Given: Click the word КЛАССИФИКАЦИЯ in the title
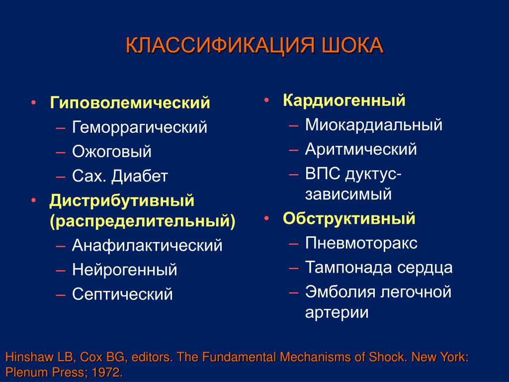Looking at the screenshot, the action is click(x=220, y=45).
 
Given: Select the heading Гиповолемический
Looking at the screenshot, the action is click(x=130, y=102).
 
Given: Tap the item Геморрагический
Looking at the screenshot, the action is click(x=140, y=127).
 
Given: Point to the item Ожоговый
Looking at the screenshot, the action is click(x=112, y=151).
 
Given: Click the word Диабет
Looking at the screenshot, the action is click(x=140, y=176).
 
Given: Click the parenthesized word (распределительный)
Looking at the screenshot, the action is click(x=143, y=221).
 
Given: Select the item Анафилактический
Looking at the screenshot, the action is click(x=147, y=245).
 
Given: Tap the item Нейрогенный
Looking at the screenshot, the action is click(x=125, y=270).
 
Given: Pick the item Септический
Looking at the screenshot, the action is click(x=122, y=294).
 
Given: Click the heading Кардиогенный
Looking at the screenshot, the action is click(x=344, y=100).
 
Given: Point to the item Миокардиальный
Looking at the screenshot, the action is click(x=374, y=125).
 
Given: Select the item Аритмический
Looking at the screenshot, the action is click(x=361, y=149).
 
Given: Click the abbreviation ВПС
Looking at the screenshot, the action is click(x=323, y=174).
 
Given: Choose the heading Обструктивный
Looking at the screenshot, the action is click(x=349, y=218).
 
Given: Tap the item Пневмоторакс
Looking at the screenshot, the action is click(x=361, y=243).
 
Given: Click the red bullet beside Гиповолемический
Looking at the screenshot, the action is click(x=33, y=102).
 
